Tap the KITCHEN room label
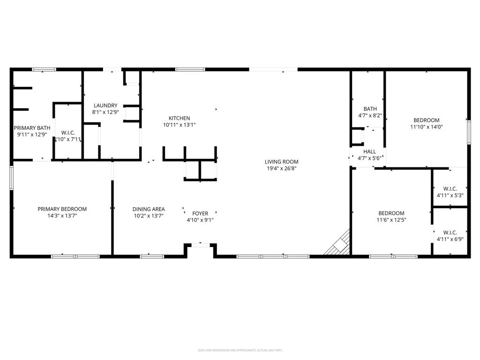tap(180, 118)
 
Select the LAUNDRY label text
tap(105, 105)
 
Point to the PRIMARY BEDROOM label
tap(62, 209)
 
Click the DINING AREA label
tap(149, 209)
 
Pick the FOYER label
tap(200, 213)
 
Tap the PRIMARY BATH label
tap(32, 128)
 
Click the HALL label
tap(370, 151)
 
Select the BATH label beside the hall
tap(370, 109)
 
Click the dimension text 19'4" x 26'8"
tap(281, 168)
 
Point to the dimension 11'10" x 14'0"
tap(427, 127)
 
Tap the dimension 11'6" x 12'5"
tap(391, 220)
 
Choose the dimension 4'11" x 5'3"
tap(450, 195)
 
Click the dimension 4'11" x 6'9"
tap(450, 239)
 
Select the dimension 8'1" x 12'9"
tap(105, 112)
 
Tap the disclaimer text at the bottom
tap(240, 350)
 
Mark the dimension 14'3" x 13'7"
tap(62, 216)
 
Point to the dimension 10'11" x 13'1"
tap(180, 125)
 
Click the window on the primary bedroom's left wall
tap(12, 177)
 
